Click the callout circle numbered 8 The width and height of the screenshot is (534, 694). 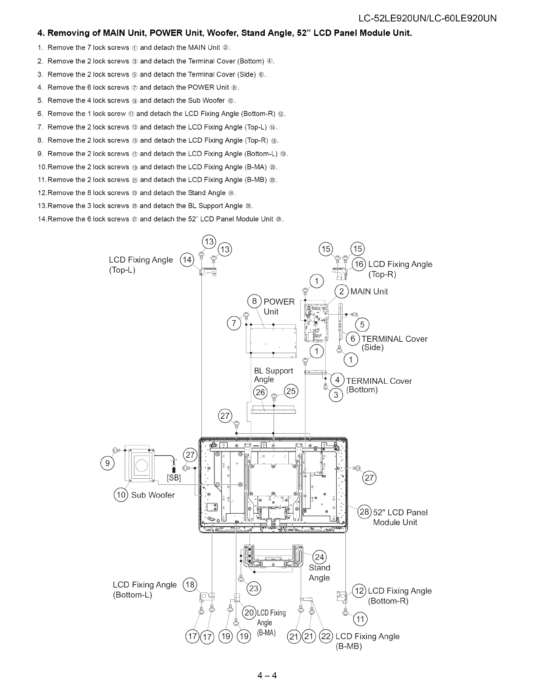pyautogui.click(x=254, y=301)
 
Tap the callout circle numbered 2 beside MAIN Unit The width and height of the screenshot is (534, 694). pyautogui.click(x=341, y=291)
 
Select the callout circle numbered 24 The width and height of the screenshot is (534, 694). pyautogui.click(x=320, y=557)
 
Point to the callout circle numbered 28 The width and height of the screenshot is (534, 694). pyautogui.click(x=365, y=512)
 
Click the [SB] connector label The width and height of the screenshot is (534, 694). pyautogui.click(x=174, y=477)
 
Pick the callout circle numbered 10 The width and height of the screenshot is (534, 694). pyautogui.click(x=120, y=495)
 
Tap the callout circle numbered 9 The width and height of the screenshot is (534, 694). pyautogui.click(x=107, y=463)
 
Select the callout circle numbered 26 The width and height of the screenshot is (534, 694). pyautogui.click(x=260, y=392)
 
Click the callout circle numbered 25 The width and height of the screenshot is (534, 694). pyautogui.click(x=291, y=391)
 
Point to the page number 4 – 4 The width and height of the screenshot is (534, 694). pyautogui.click(x=267, y=675)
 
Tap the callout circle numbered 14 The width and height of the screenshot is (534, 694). pyautogui.click(x=187, y=260)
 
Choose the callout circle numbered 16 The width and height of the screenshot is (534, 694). pyautogui.click(x=359, y=264)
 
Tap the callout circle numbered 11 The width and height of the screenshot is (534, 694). pyautogui.click(x=361, y=619)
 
